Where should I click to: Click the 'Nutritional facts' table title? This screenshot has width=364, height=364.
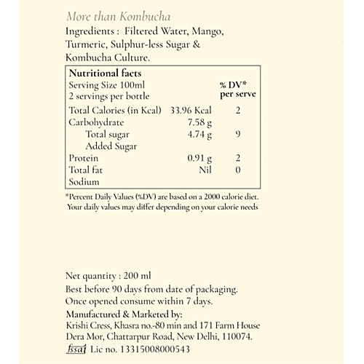click(x=105, y=74)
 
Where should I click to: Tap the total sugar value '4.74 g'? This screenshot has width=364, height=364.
click(x=199, y=134)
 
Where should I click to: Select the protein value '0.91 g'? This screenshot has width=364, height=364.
click(x=199, y=158)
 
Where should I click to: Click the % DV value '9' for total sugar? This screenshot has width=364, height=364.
click(x=238, y=134)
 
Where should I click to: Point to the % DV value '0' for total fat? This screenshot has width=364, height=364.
click(x=238, y=170)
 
